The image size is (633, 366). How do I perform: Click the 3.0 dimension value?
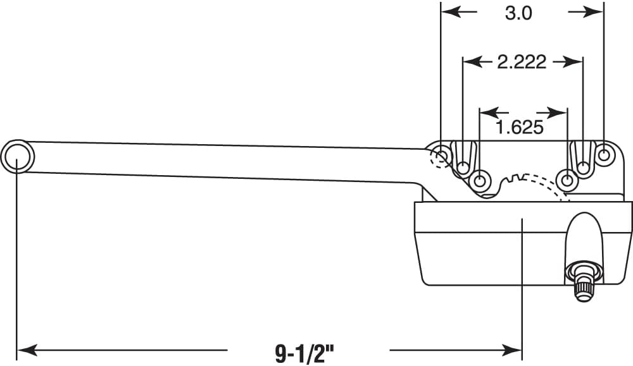[x=519, y=13]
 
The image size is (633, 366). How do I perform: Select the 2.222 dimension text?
[x=522, y=62]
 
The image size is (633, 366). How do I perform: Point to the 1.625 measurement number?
[x=520, y=127]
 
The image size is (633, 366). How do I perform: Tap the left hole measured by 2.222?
[x=463, y=168]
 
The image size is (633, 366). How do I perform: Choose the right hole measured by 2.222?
[x=582, y=168]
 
